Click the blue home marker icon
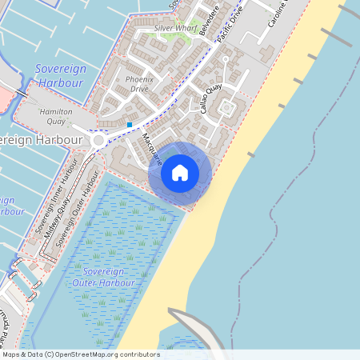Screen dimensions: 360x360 click(180, 172)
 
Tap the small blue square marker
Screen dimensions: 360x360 click(130, 125)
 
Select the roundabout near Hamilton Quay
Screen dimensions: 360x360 click(99, 141)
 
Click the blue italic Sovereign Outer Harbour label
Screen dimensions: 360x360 click(106, 278)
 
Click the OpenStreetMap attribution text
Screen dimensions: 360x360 click(80, 354)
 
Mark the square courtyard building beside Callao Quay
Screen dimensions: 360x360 click(226, 107)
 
